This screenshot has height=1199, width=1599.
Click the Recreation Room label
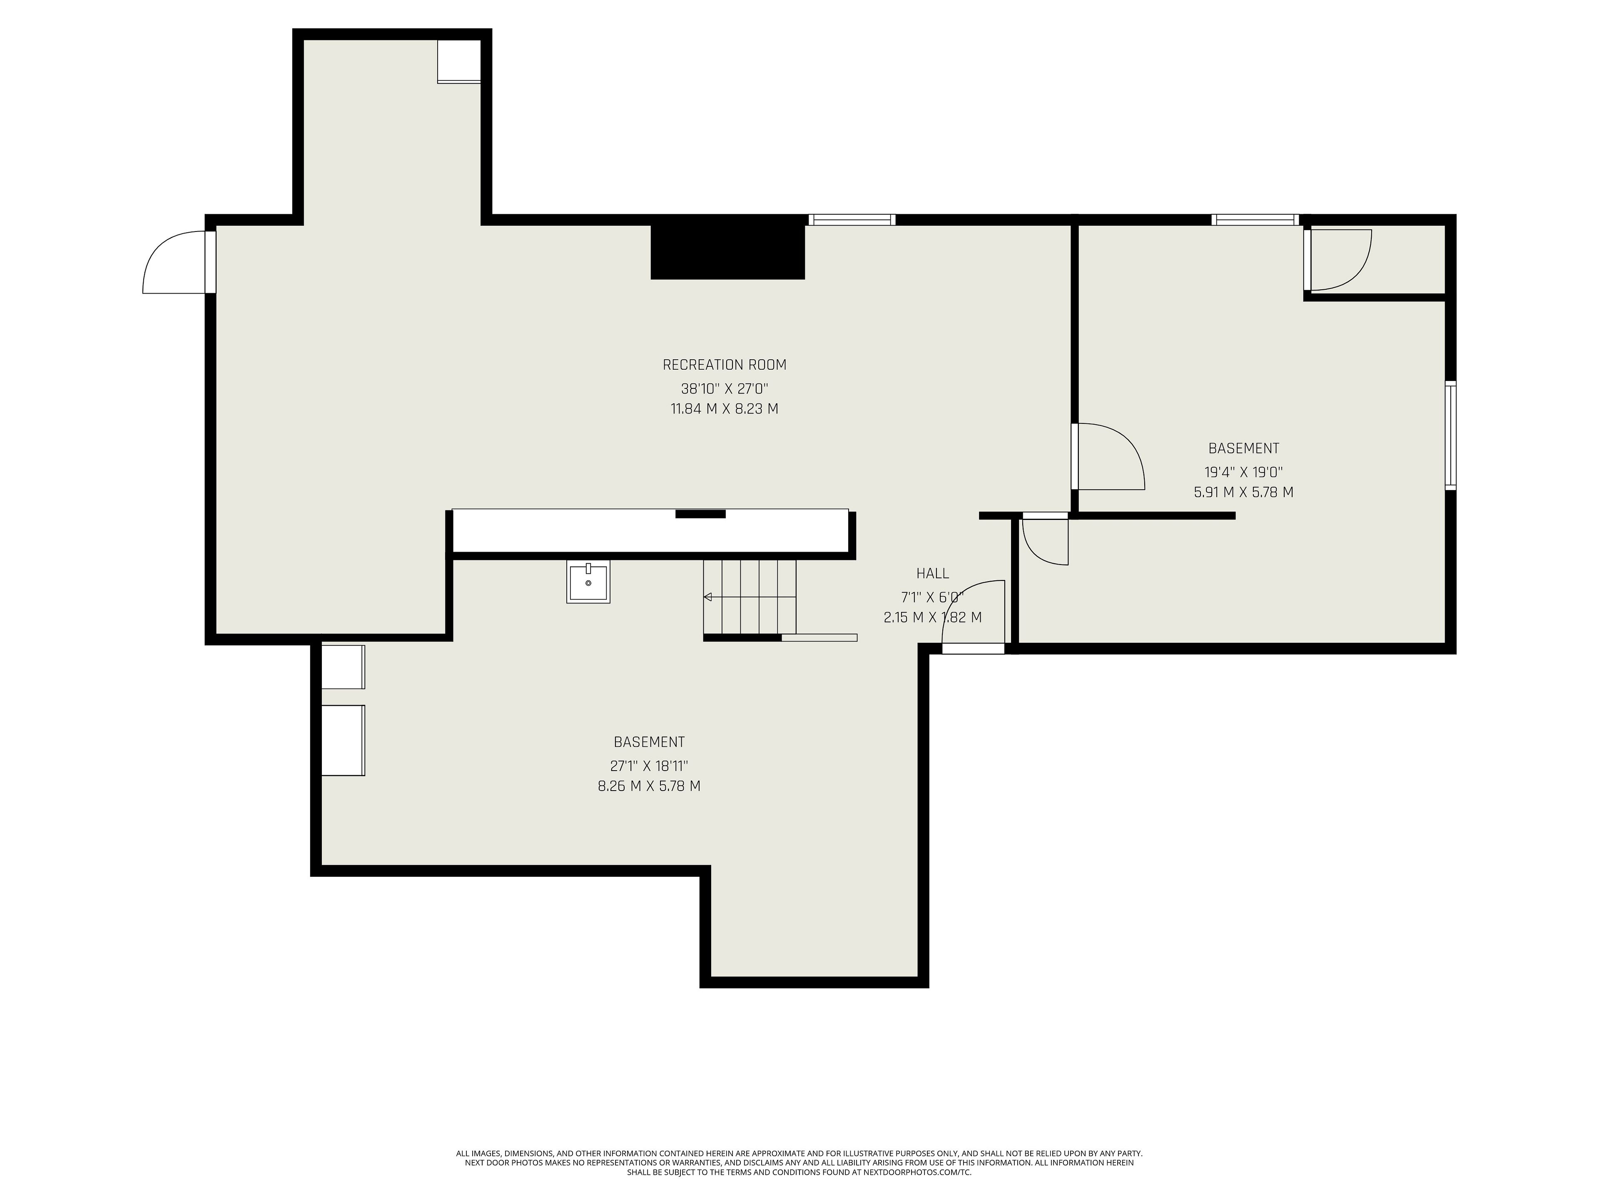724,365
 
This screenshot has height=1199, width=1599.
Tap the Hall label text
932,573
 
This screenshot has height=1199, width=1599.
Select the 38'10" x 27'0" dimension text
724,389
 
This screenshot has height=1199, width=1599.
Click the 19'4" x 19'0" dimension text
1243,472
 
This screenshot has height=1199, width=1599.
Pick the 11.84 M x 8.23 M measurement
724,408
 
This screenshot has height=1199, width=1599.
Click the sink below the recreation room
588,582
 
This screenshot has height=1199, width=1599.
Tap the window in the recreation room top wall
852,220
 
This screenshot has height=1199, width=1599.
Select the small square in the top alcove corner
459,62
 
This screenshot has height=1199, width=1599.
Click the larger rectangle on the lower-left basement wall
343,740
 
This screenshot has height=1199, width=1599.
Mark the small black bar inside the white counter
700,514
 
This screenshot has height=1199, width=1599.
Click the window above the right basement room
1255,220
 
